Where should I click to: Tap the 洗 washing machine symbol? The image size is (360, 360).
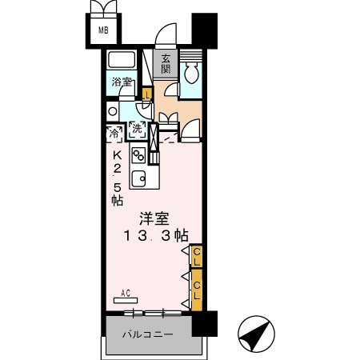137,129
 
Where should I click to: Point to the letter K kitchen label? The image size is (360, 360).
117,155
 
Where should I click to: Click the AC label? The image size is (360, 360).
125,294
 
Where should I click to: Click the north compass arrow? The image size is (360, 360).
256,333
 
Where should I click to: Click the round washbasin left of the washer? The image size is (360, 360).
113,112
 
